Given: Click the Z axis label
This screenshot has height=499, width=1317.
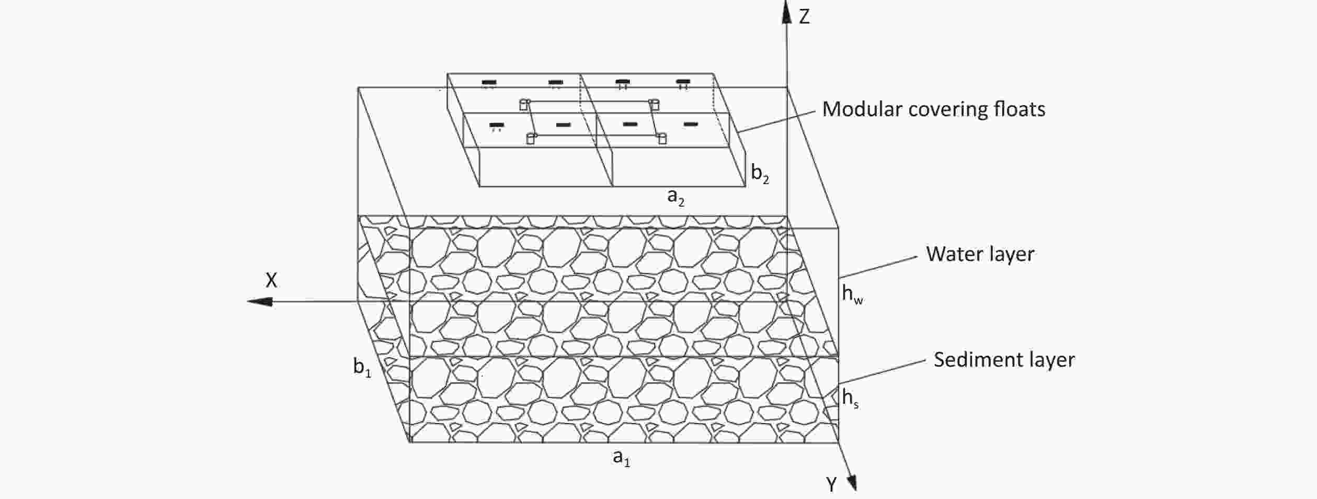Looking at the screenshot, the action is coord(805,17).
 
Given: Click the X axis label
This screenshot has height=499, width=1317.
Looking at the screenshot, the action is coord(271,281).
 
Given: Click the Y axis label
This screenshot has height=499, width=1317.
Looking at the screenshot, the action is coord(832,485).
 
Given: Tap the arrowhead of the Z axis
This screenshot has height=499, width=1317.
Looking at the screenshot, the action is coord(786,12).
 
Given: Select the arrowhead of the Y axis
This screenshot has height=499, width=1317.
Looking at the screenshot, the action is coord(851,481).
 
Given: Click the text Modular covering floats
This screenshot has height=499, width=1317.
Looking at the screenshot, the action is coord(934,109).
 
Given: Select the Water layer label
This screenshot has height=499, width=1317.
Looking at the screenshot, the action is coord(980,254).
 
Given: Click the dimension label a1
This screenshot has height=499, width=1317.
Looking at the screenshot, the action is coord(622,458).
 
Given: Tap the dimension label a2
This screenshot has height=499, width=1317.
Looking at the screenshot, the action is coord(676,197).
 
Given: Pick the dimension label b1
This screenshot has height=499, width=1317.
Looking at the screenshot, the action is coord(362,367).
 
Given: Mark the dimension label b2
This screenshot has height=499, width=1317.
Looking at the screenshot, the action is coord(760,173).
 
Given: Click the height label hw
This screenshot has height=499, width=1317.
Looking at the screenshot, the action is coord(852,294).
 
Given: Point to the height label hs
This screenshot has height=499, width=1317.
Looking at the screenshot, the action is coord(850,399).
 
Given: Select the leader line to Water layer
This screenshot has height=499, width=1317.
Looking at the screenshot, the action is coord(878,267).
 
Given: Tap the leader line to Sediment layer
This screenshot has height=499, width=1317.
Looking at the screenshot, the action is coord(883,371).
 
